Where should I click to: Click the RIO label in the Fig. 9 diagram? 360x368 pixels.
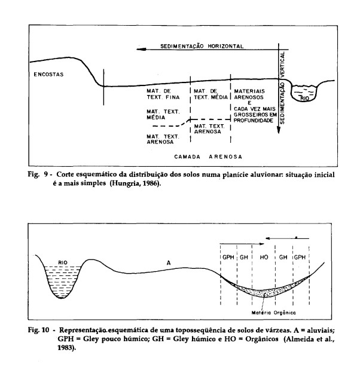[x=305, y=99]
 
